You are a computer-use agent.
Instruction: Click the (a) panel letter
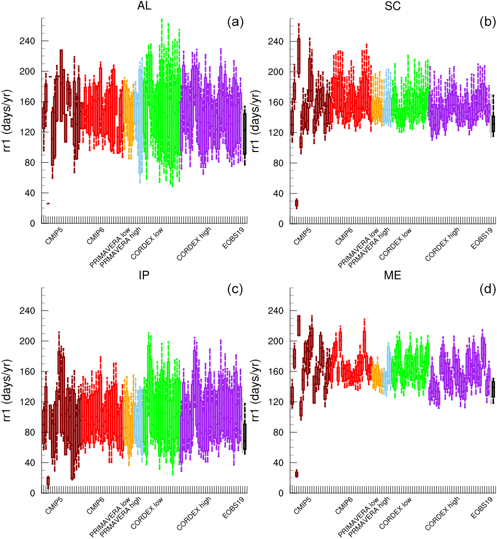tap(235, 22)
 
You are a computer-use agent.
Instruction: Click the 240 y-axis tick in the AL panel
tap(28, 41)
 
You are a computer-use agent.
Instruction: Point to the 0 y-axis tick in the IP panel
tap(32, 493)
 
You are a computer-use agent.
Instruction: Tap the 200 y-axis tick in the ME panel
tap(276, 341)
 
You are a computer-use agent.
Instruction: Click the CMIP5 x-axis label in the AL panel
tap(53, 237)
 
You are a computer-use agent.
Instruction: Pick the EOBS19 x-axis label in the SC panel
tap(481, 238)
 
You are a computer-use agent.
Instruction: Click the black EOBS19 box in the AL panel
tap(245, 133)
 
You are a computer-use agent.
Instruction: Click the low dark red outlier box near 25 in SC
tap(296, 203)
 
